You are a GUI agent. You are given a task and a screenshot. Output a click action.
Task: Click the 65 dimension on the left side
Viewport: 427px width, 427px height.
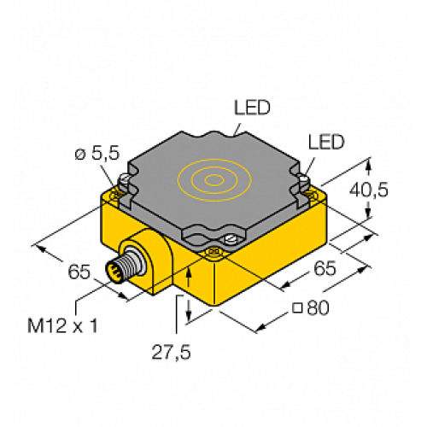coord(79,272)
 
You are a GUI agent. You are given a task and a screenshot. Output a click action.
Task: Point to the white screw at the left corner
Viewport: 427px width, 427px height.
coord(124,181)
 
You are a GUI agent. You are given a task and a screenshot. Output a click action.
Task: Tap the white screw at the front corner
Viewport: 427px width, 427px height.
coord(230,240)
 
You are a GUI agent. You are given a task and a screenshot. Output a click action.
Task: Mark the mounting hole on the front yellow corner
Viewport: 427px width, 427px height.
coord(213,253)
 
